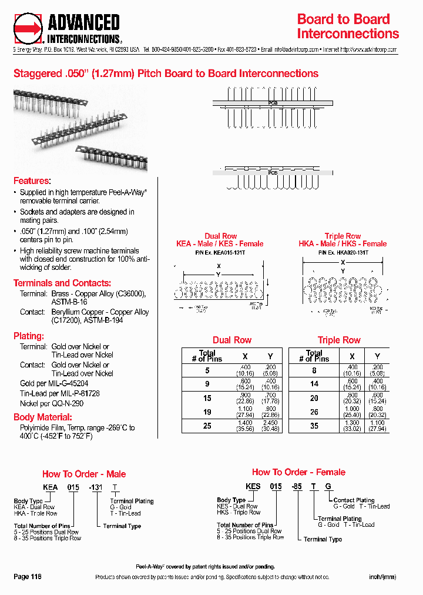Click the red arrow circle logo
point(28,28)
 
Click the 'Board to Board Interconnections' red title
point(348,26)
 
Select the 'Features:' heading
point(32,181)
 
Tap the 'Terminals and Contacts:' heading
point(62,283)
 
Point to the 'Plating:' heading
point(29,336)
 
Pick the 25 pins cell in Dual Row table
point(207,426)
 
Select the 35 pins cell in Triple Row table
point(314,426)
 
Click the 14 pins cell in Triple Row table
point(314,383)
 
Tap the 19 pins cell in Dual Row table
point(207,412)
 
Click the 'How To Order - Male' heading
point(84,474)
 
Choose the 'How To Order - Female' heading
point(298,472)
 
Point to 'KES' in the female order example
point(253,487)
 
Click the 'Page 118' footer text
point(28,577)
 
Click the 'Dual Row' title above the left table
point(231,340)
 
